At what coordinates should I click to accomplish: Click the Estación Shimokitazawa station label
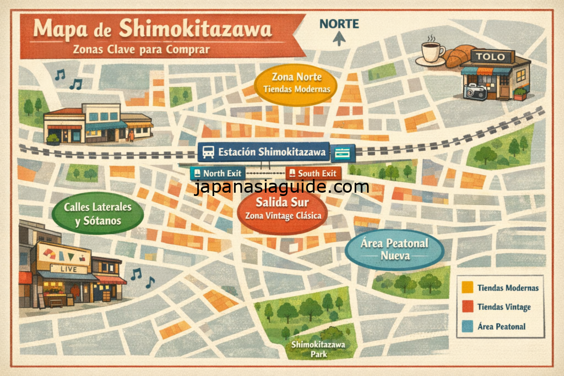pyautogui.click(x=264, y=152)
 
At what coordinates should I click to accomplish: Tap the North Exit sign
pyautogui.click(x=216, y=173)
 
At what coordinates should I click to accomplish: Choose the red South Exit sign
pyautogui.click(x=312, y=173)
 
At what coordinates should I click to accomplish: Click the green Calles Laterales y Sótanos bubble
pyautogui.click(x=97, y=215)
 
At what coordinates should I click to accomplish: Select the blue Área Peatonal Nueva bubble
pyautogui.click(x=394, y=250)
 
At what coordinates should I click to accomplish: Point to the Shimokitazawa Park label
pyautogui.click(x=318, y=350)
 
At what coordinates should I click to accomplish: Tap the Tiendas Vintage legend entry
pyautogui.click(x=500, y=307)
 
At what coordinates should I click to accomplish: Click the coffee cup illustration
pyautogui.click(x=433, y=52)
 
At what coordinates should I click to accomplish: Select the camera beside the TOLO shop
pyautogui.click(x=475, y=91)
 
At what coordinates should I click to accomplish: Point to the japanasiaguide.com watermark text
pyautogui.click(x=282, y=188)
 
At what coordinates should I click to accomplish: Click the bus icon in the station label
pyautogui.click(x=208, y=152)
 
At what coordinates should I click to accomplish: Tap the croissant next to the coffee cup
pyautogui.click(x=459, y=56)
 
